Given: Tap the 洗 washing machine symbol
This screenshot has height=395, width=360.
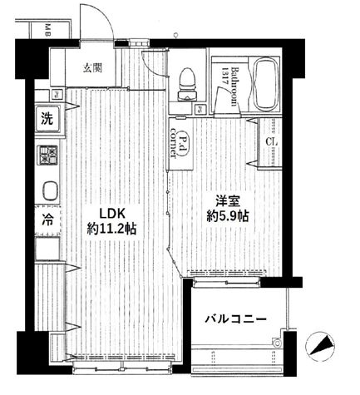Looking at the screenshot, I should tap(47, 119).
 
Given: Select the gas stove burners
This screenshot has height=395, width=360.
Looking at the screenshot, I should tap(47, 156).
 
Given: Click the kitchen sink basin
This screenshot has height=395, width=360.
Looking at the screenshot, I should tap(47, 190).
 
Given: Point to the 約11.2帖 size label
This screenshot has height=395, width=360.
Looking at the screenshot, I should tap(113, 227).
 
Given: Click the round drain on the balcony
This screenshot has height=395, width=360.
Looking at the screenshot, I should tap(280, 341).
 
